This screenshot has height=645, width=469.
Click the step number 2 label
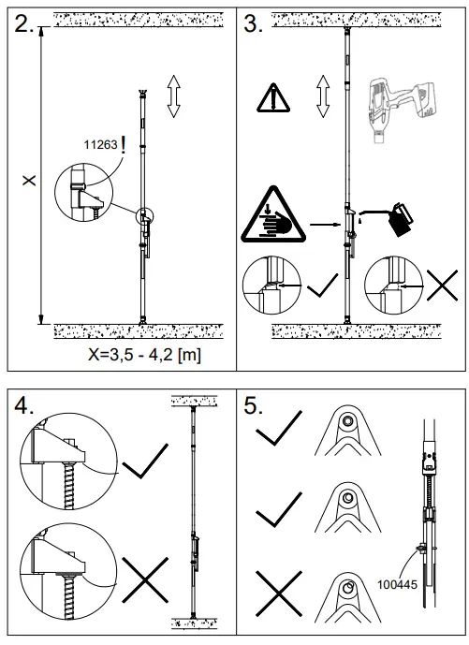tap(24, 25)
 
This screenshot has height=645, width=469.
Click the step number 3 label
tap(254, 25)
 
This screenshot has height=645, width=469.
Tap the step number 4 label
tap(25, 405)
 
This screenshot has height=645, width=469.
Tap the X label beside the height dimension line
tap(30, 179)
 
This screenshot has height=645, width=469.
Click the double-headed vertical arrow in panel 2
tap(173, 97)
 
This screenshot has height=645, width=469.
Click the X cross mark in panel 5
tap(277, 594)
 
